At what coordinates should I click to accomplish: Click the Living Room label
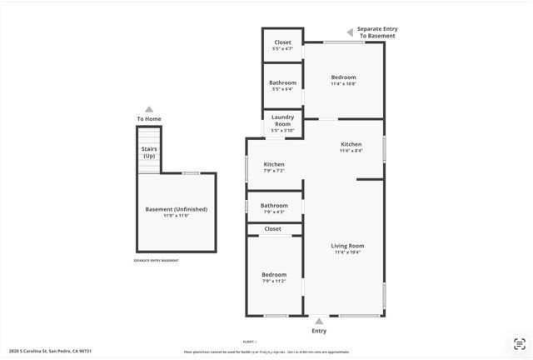347,246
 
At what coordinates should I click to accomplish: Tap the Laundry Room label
282,121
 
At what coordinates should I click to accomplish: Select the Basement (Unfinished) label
176,209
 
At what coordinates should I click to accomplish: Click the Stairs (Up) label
149,152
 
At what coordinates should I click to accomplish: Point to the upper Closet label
282,42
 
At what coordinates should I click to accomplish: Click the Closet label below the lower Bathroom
273,228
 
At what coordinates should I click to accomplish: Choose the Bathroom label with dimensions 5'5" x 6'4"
282,82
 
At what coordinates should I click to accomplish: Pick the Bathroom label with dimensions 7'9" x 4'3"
274,206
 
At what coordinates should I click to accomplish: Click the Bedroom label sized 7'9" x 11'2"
274,275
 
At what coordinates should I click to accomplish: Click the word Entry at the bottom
319,331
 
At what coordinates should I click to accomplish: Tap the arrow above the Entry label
319,320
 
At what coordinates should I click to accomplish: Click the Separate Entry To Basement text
377,32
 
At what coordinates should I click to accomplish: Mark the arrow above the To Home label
149,108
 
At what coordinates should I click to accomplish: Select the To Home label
149,119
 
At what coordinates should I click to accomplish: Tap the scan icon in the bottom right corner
520,343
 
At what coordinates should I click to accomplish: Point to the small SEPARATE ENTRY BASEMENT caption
156,261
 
